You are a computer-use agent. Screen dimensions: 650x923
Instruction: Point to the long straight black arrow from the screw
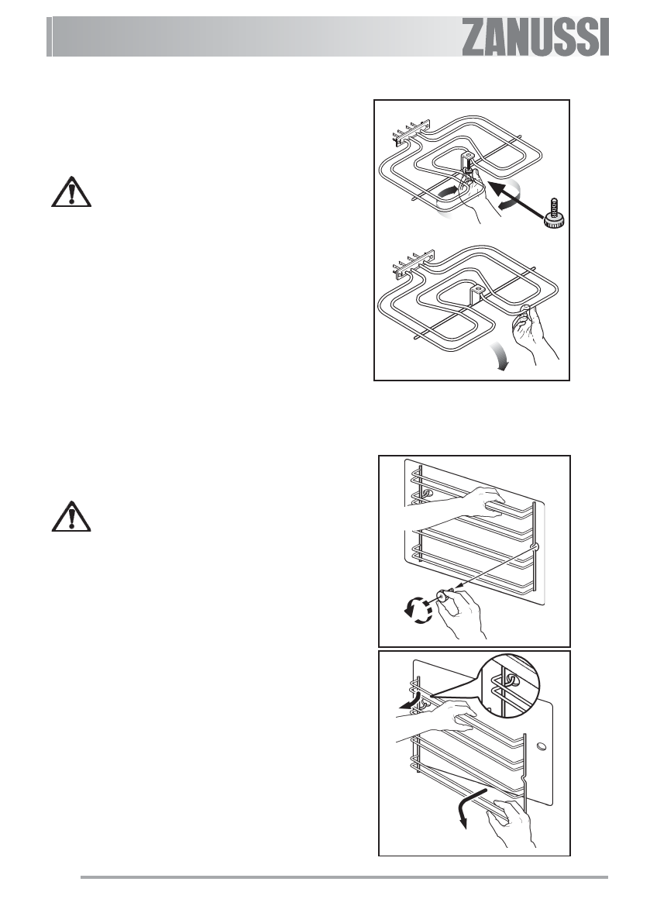[x=520, y=197]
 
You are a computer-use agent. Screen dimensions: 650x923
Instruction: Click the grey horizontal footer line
[x=345, y=878]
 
